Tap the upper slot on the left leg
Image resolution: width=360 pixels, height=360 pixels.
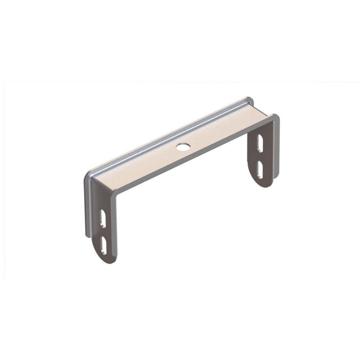pos(103,219)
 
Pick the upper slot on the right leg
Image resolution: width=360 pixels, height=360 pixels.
pos(259,143)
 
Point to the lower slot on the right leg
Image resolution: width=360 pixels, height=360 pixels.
pos(260,170)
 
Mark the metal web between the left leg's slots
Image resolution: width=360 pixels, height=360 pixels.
pos(104,232)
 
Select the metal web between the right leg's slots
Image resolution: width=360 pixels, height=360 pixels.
pos(259,157)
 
